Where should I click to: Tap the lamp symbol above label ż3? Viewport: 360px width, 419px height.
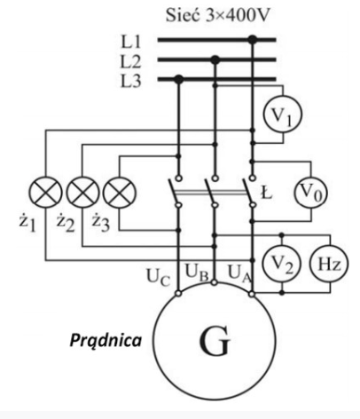pos(117,191)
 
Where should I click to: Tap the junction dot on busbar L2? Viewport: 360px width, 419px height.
pos(215,59)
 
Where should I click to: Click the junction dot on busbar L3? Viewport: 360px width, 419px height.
pos(178,80)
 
